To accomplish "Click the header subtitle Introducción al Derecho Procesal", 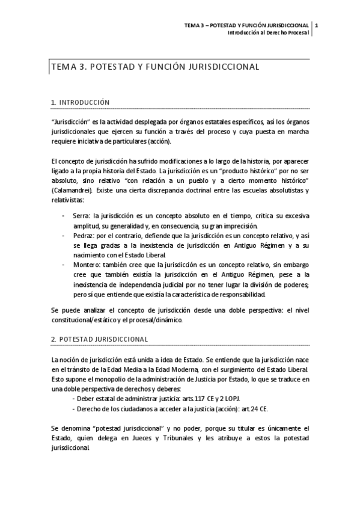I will point(268,32).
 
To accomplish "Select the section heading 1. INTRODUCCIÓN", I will point(80,103).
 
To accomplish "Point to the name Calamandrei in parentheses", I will point(77,191).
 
